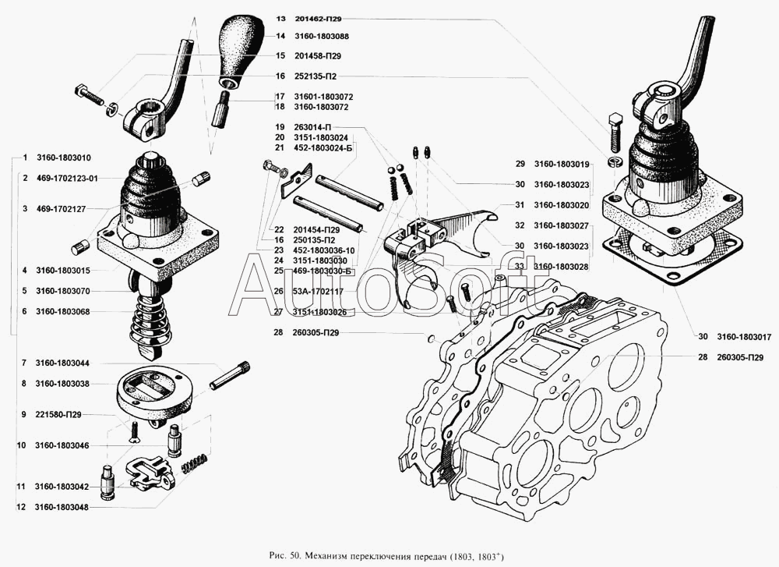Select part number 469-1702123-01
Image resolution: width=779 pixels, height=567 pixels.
(71, 178)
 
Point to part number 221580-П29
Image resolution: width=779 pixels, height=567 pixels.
(58, 415)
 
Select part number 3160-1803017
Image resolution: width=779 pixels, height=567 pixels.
(741, 337)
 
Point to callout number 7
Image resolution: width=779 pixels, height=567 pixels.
(24, 363)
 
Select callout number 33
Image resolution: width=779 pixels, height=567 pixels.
(518, 266)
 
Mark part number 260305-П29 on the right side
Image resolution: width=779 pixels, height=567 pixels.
(741, 357)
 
